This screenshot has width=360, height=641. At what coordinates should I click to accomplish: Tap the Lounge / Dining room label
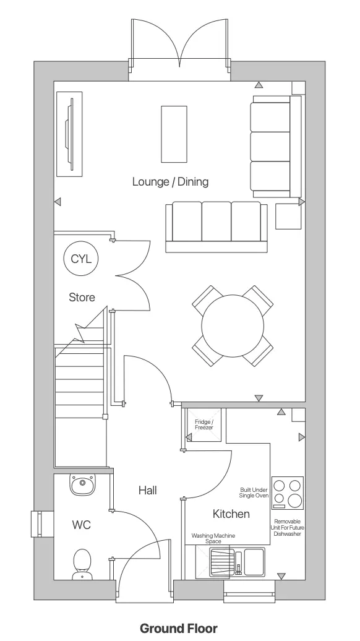[170, 182]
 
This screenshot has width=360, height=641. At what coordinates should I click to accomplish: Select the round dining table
[232, 325]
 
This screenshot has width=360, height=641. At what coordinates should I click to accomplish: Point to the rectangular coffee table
[174, 134]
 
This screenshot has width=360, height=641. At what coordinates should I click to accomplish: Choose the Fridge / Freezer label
[204, 425]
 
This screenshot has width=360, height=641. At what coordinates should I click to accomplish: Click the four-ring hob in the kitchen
[288, 493]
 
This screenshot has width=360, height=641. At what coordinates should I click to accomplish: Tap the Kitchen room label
[231, 514]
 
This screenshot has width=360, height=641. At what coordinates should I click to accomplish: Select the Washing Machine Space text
[213, 538]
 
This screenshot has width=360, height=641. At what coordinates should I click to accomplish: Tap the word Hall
[147, 491]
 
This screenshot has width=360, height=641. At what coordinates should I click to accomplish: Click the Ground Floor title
[179, 629]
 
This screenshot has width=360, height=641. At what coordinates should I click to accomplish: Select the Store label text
[82, 298]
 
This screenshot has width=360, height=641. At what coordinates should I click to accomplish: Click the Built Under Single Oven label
[254, 493]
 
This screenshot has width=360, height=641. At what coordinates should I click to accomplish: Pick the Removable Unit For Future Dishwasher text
[288, 528]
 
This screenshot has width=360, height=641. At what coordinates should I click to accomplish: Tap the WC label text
[82, 525]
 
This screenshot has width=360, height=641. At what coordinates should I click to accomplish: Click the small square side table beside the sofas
[288, 216]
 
